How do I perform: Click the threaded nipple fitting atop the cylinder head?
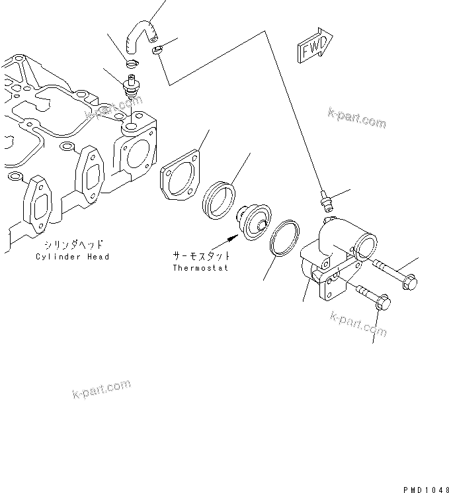132,87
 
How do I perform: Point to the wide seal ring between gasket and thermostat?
218,198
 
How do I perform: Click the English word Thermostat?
201,268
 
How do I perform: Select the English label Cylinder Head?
73,257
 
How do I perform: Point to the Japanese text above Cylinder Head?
73,244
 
